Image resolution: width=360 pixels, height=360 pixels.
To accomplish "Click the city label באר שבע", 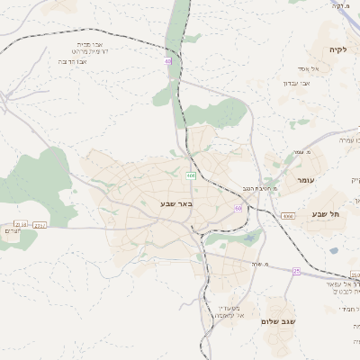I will tap(149, 205).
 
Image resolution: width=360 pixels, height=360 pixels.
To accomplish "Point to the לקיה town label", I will tap(337, 49).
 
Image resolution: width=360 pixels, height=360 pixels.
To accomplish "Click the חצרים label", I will tap(11, 231).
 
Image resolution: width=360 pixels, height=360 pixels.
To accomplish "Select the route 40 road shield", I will tap(167, 60).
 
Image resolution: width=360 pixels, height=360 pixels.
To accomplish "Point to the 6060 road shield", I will tap(287, 216).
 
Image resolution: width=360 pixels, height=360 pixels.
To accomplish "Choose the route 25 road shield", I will tap(296, 270).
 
